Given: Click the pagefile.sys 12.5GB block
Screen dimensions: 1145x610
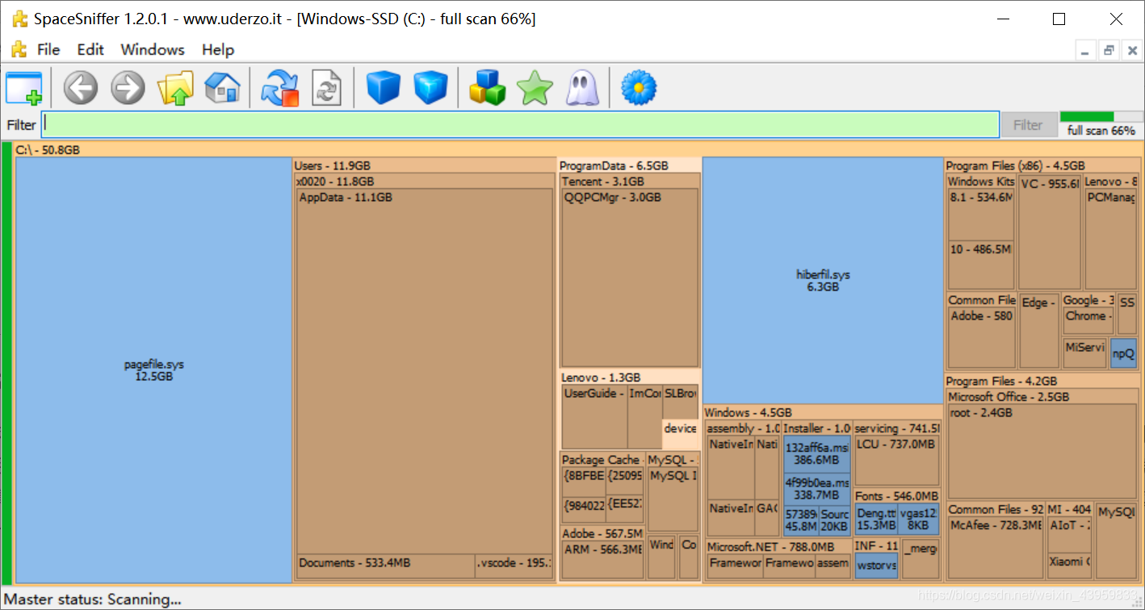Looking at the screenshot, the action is pos(153,370).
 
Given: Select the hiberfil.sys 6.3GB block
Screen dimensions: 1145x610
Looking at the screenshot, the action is pos(823,280).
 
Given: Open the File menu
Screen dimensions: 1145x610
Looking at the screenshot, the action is pos(48,49).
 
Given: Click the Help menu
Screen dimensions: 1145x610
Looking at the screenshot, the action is pos(217,49).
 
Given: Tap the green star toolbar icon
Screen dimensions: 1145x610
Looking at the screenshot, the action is pos(535,87).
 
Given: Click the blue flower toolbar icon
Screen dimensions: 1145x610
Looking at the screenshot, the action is pos(638,87).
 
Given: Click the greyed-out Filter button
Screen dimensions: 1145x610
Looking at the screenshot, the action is pos(1028,125).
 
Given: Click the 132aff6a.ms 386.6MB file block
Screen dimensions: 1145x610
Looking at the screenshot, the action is pos(816,454).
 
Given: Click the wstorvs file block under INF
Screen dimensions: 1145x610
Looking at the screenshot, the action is pos(876,565).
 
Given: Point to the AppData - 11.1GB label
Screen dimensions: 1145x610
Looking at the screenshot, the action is pos(346,197).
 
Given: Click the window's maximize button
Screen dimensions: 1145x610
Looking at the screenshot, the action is pos(1059,19).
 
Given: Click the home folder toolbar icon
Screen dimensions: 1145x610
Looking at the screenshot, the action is pos(221,87).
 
